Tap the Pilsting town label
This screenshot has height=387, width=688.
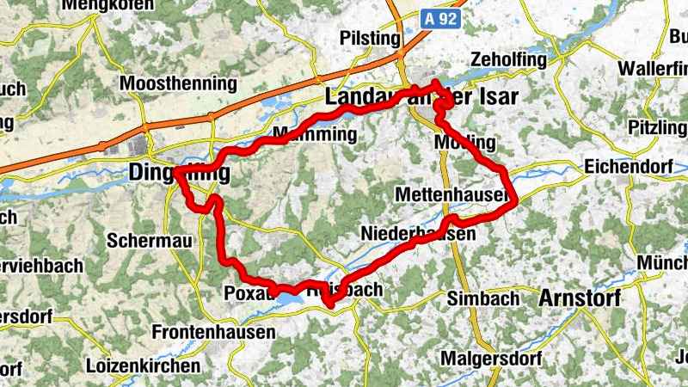click(371, 40)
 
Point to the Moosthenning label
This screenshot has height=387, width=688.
click(179, 84)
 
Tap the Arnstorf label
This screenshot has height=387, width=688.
click(579, 298)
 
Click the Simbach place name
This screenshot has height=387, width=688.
click(484, 298)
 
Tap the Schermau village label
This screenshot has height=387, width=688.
click(150, 242)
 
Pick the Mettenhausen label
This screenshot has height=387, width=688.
click(451, 196)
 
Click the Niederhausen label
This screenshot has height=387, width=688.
click(419, 234)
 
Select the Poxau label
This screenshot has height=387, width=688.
click(249, 292)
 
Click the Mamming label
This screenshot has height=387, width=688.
click(313, 135)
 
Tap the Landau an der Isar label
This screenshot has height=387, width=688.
click(421, 97)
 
